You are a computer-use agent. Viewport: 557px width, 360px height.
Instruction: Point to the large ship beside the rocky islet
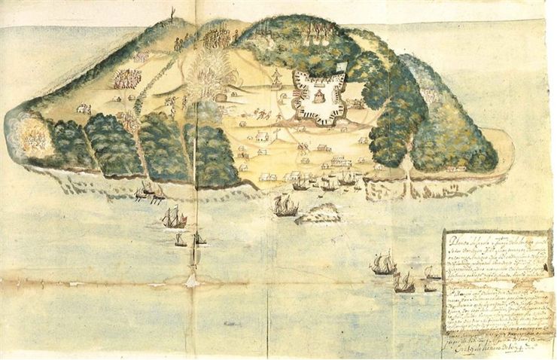[285, 206]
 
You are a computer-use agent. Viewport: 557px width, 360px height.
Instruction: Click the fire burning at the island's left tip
[32, 136]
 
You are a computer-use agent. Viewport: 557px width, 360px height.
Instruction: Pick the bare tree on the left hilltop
[173, 13]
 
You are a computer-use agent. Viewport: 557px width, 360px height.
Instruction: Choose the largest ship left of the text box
[383, 264]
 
